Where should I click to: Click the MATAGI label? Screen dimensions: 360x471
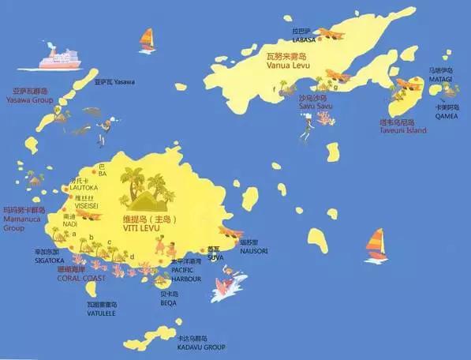pyautogui.click(x=441, y=79)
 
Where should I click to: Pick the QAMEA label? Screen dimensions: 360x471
pyautogui.click(x=446, y=115)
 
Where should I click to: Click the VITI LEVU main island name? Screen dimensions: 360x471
pyautogui.click(x=142, y=227)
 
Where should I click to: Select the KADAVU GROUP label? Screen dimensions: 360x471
pyautogui.click(x=201, y=347)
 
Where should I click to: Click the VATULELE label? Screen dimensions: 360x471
pyautogui.click(x=102, y=312)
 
